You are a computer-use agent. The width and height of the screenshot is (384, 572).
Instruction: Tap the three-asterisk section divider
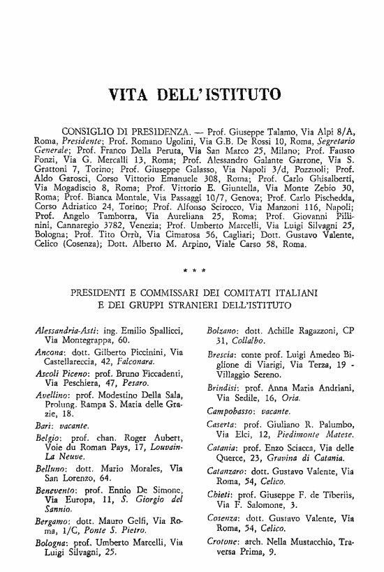click(x=193, y=268)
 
